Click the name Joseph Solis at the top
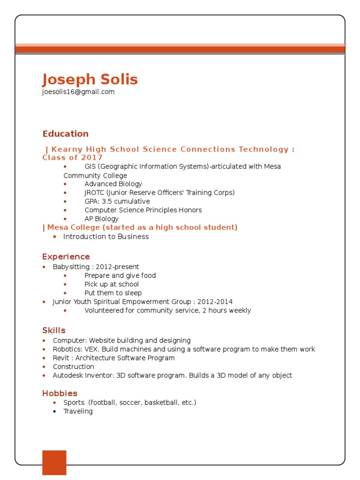pyautogui.click(x=90, y=79)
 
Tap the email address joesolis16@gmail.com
pyautogui.click(x=78, y=92)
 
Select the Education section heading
pyautogui.click(x=65, y=134)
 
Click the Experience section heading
pyautogui.click(x=66, y=256)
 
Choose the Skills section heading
pyautogui.click(x=54, y=330)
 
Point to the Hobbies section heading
pyautogui.click(x=60, y=393)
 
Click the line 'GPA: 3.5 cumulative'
pyautogui.click(x=117, y=202)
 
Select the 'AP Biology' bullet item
pyautogui.click(x=101, y=219)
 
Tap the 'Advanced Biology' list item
pyautogui.click(x=113, y=184)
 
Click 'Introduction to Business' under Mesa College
pyautogui.click(x=106, y=237)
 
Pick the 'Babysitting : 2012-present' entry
pyautogui.click(x=96, y=267)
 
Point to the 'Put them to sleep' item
pyautogui.click(x=113, y=293)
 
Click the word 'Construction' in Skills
pyautogui.click(x=73, y=367)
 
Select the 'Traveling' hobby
pyautogui.click(x=78, y=412)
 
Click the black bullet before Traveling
pyautogui.click(x=54, y=412)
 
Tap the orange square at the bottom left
pyautogui.click(x=54, y=463)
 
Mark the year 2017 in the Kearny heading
pyautogui.click(x=92, y=157)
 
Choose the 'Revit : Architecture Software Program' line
pyautogui.click(x=113, y=358)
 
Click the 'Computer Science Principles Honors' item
pyautogui.click(x=143, y=210)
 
